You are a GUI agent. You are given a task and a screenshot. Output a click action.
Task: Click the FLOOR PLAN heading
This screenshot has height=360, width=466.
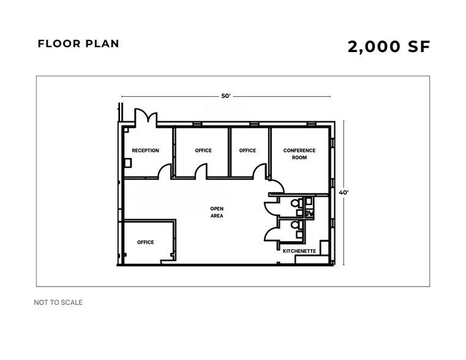pos(78,44)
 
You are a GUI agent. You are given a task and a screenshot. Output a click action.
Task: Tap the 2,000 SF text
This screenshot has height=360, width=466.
pos(389,47)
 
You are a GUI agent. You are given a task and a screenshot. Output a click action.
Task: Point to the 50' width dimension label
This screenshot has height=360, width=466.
pos(226,96)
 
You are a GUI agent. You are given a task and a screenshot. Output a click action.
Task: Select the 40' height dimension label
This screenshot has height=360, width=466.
pos(344,192)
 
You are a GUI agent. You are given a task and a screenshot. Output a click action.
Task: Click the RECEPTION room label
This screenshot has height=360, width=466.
pos(145,151)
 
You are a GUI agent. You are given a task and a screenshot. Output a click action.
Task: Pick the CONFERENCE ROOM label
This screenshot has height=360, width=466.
pos(299,154)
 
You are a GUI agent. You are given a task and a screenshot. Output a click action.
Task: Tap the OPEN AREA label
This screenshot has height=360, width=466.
pos(217,212)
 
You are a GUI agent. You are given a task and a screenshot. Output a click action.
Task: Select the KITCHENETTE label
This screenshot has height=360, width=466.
pos(299,250)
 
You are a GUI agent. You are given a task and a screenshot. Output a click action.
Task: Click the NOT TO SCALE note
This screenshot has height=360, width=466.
pos(59,302)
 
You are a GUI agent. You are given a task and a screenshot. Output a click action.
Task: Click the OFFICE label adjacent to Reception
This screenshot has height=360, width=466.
pos(203,151)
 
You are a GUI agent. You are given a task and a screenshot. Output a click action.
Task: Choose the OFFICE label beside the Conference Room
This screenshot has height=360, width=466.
pos(247,151)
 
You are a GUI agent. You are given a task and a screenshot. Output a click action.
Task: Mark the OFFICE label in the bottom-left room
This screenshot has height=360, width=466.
pos(145,242)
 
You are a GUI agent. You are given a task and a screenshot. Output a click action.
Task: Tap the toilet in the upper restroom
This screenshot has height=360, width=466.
pos(296,203)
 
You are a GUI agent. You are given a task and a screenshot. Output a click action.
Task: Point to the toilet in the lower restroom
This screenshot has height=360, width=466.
pos(296,226)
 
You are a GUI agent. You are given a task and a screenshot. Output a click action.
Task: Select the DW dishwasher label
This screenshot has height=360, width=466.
pos(309,213)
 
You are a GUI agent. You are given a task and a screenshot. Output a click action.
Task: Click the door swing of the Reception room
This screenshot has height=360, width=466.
pos(164,171)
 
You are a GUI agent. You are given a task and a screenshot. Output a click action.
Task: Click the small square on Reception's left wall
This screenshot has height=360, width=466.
pos(128,162)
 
